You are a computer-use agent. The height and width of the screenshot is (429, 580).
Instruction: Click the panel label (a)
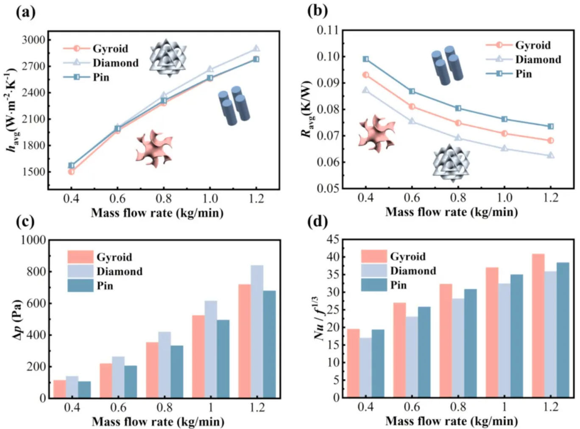click(25, 11)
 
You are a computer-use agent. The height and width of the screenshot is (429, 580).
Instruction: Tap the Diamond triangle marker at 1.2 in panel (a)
click(256, 49)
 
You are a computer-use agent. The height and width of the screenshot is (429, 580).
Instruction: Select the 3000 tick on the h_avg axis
click(33, 40)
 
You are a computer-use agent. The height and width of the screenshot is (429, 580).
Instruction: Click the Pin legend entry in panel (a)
click(100, 77)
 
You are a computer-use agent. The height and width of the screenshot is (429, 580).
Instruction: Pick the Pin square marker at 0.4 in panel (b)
click(365, 59)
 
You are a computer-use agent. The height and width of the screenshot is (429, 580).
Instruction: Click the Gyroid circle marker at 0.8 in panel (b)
click(458, 123)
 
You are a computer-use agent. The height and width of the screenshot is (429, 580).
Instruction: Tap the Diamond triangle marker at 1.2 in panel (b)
click(550, 155)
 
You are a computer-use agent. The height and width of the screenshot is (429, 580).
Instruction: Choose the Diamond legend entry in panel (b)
click(538, 59)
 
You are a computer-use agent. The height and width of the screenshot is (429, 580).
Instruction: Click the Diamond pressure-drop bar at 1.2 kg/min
click(257, 331)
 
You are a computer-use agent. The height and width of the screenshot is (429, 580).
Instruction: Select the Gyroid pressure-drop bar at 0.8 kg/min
click(152, 370)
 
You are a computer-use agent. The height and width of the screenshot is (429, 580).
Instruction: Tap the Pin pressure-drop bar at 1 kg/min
click(223, 359)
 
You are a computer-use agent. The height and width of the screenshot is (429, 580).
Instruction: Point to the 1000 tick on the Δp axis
click(33, 240)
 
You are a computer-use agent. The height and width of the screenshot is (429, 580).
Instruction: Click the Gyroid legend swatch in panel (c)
click(80, 257)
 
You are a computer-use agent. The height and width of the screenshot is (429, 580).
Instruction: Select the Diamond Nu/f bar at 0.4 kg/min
click(365, 368)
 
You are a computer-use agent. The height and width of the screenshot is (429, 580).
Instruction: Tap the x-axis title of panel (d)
click(451, 421)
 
